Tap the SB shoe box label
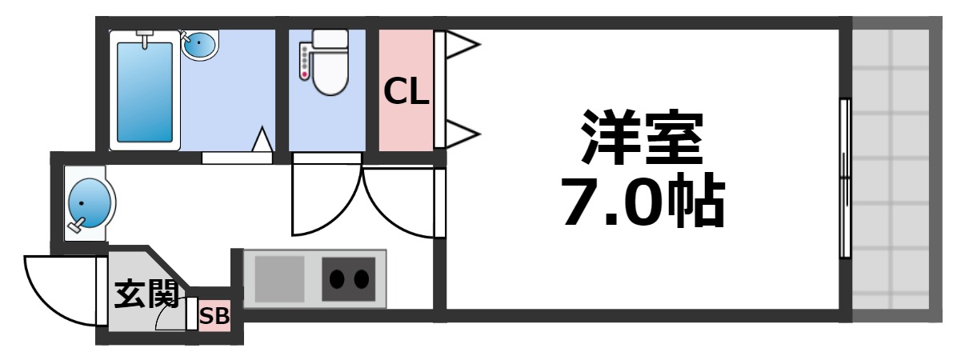coord(214,317)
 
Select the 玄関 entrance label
coord(145,294)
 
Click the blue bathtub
coord(145,91)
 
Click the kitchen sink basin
coord(279,278)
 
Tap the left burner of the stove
coord(338,279)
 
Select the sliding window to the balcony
coord(844,178)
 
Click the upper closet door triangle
coord(459,46)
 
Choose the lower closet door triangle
coord(459,133)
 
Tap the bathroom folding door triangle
coord(262,140)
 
